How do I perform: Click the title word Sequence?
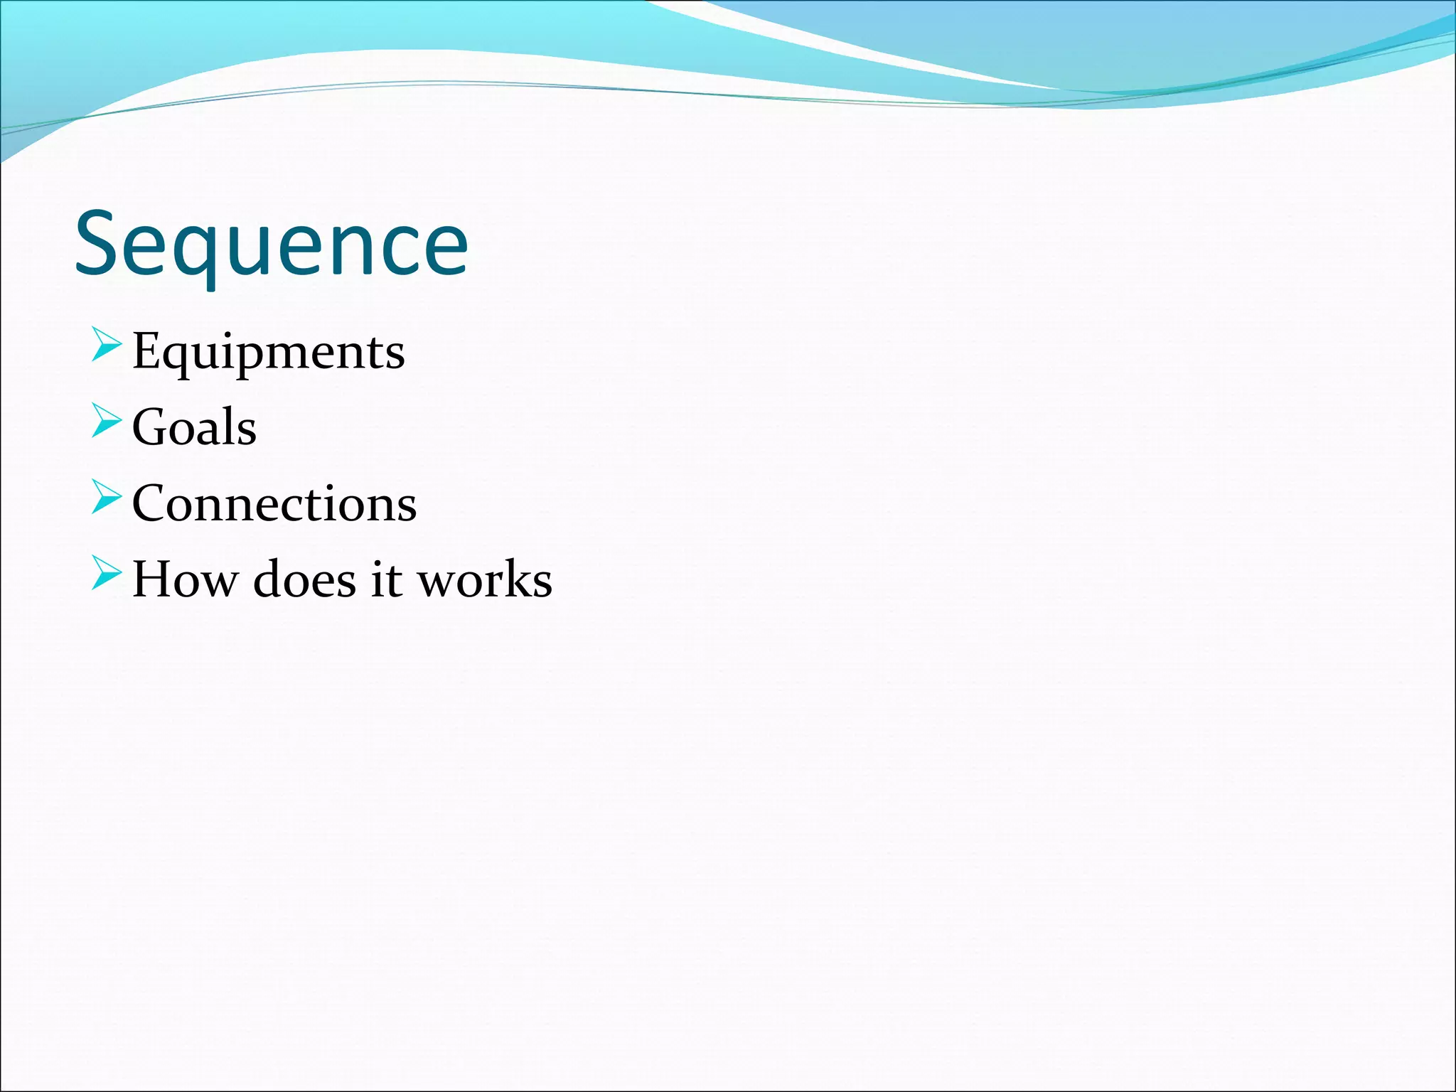coord(271,244)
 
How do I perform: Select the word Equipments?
coord(268,352)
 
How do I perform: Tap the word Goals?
coord(194,427)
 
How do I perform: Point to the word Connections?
coord(274,503)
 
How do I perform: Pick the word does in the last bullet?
coord(304,579)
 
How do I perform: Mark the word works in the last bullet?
coord(484,579)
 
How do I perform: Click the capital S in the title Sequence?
coord(99,244)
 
